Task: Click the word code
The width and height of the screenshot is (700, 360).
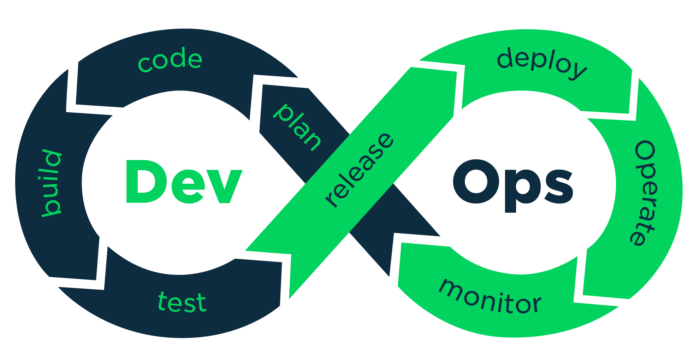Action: [170, 62]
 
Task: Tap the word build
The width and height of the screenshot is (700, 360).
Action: [49, 185]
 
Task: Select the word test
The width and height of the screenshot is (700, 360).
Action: [181, 300]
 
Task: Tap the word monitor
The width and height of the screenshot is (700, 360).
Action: [490, 295]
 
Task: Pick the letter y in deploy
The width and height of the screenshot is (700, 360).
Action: [577, 75]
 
